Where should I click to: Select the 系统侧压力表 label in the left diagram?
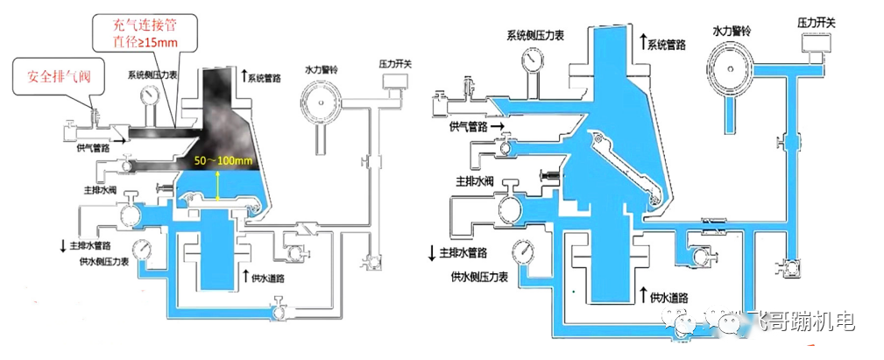tap(155, 76)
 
